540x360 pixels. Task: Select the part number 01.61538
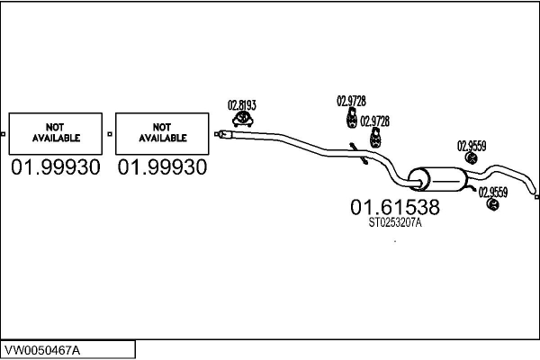click(394, 208)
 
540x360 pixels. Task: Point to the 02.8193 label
click(240, 103)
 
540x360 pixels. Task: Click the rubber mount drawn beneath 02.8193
click(241, 119)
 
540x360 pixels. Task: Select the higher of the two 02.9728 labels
click(351, 101)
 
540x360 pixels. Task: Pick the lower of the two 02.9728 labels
click(374, 121)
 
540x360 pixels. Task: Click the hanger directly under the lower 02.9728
click(373, 137)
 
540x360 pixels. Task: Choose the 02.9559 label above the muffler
click(472, 145)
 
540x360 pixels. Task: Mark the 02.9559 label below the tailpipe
click(492, 191)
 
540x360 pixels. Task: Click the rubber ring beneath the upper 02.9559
click(470, 158)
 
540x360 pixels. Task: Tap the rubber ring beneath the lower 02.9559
click(492, 204)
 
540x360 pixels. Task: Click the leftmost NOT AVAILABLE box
click(56, 133)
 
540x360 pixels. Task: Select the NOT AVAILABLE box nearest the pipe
click(162, 133)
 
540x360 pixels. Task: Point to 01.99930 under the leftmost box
click(56, 167)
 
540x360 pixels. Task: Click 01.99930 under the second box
click(162, 167)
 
